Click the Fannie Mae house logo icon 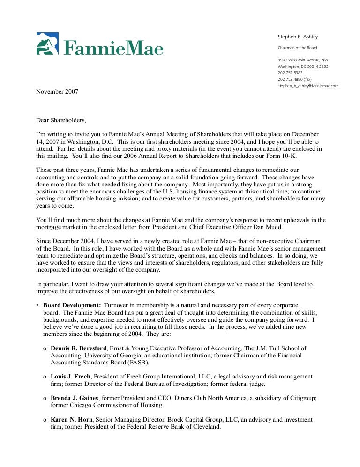tap(47, 44)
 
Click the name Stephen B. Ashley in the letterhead tap(298, 37)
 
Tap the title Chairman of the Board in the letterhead tap(298, 48)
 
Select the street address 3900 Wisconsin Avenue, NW tap(303, 60)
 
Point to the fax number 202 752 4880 tap(295, 79)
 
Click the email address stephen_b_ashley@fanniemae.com tap(308, 86)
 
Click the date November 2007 tap(57, 92)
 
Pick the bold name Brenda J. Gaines tap(75, 398)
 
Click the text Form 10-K tap(286, 156)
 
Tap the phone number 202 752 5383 tap(290, 73)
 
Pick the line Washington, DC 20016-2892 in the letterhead tap(303, 67)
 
